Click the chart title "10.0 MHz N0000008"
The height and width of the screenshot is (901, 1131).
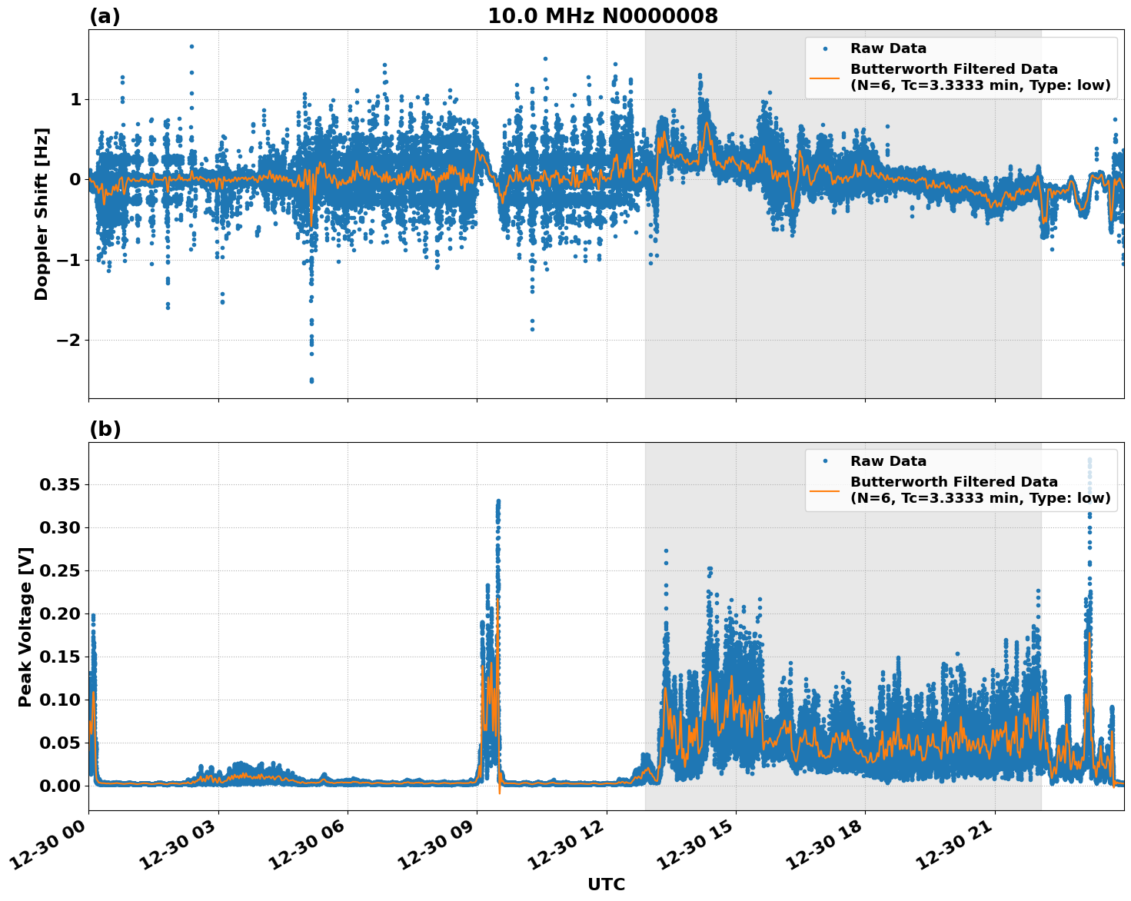point(602,16)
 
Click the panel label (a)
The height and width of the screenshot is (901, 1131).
point(105,16)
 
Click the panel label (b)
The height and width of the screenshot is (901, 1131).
point(105,429)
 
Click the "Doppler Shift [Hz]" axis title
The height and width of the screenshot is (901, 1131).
point(42,214)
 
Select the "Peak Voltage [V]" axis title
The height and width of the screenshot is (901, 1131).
point(25,627)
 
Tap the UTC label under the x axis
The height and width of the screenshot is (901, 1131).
point(606,884)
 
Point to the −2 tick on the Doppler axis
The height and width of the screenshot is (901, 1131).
point(71,340)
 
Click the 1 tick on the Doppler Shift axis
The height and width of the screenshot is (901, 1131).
point(75,99)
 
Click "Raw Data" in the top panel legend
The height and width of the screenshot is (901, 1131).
point(888,48)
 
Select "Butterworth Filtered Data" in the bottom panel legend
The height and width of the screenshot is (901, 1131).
point(953,482)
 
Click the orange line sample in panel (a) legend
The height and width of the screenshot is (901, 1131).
point(825,78)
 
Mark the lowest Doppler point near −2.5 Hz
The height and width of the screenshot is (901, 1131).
point(311,381)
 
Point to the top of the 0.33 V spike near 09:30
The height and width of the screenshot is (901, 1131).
point(498,501)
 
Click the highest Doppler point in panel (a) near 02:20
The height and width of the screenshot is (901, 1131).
point(191,46)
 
